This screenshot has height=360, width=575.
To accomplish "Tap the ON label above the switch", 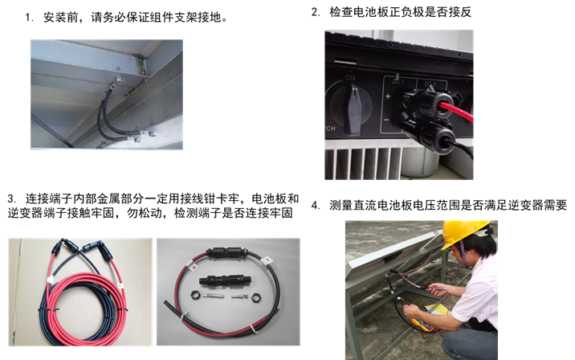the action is pyautogui.click(x=350, y=78).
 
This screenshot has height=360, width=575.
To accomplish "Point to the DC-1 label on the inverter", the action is pyautogui.click(x=398, y=81).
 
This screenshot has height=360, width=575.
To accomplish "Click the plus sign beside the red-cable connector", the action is pyautogui.click(x=388, y=96).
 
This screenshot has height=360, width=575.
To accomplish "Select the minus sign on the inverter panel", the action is pyautogui.click(x=386, y=120).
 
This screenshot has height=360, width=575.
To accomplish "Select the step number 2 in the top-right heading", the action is pyautogui.click(x=316, y=12).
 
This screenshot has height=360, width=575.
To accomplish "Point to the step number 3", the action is pyautogui.click(x=12, y=199).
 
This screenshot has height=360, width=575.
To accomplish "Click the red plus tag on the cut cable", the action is pyautogui.click(x=194, y=268).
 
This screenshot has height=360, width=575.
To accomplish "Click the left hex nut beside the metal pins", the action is pyautogui.click(x=195, y=295).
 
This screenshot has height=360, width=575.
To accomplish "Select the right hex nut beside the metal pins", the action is pyautogui.click(x=256, y=297).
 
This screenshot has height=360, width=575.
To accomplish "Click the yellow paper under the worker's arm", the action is pyautogui.click(x=437, y=309).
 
